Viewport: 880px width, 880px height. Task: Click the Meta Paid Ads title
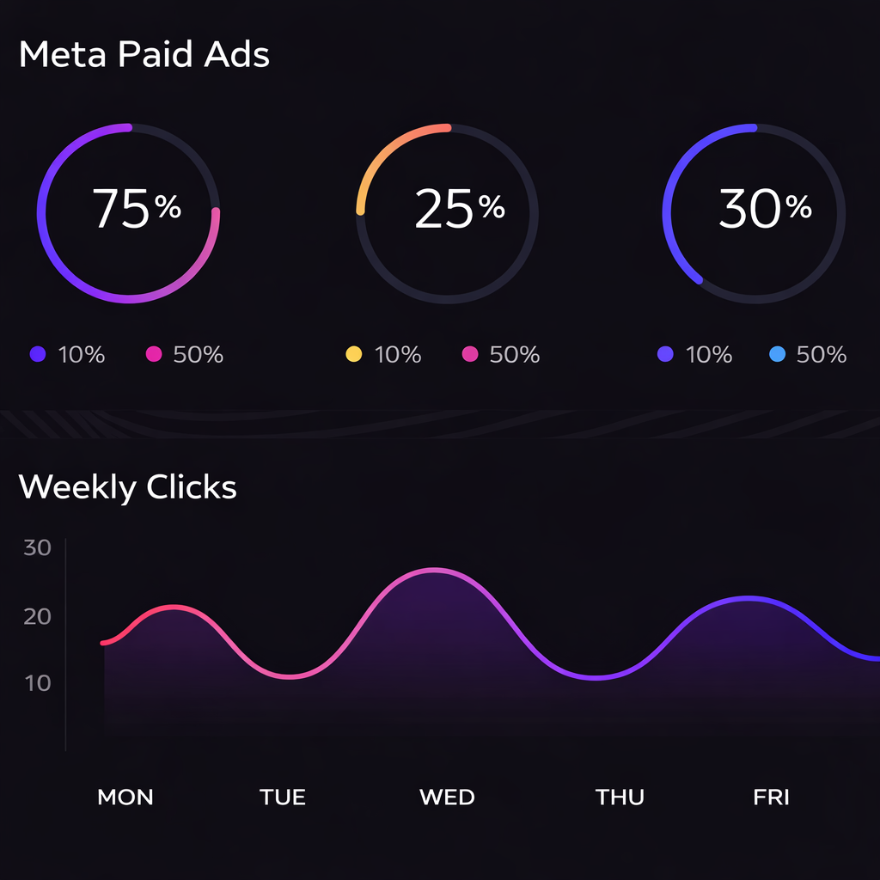click(144, 55)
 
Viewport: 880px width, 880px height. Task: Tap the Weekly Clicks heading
click(127, 487)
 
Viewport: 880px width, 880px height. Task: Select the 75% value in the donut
click(136, 209)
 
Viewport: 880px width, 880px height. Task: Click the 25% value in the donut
click(459, 209)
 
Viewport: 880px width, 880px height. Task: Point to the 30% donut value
click(764, 209)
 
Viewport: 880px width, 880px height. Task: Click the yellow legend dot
click(353, 354)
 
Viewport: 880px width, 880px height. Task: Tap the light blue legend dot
click(777, 354)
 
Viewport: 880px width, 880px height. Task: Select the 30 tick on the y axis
click(38, 547)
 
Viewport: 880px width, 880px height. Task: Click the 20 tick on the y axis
click(38, 616)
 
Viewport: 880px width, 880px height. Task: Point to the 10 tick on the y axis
click(38, 683)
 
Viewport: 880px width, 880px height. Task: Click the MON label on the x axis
click(125, 797)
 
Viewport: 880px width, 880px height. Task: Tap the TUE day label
click(283, 797)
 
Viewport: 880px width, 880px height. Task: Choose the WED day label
click(447, 797)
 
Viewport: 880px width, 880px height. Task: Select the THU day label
click(620, 797)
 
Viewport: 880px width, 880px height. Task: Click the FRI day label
click(771, 797)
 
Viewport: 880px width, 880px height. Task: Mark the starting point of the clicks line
click(102, 643)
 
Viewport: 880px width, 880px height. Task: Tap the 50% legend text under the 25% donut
click(514, 354)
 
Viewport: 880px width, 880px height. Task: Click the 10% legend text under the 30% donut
click(709, 354)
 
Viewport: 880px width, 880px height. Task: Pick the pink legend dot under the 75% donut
click(154, 354)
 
